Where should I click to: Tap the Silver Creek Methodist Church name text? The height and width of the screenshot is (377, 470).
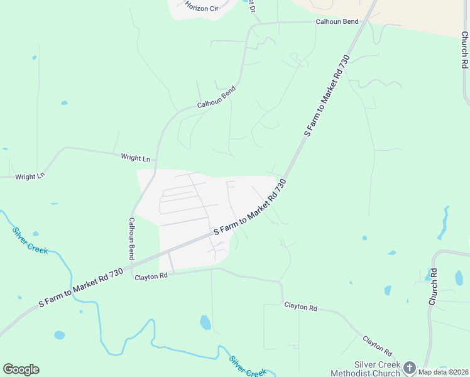coord(377,369)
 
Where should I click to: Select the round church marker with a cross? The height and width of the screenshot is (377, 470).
coord(410,368)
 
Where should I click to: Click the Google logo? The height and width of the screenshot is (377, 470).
coord(21,369)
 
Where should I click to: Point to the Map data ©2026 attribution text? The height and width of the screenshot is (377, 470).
coord(443,371)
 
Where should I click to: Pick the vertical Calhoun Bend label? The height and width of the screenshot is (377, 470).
coord(132,239)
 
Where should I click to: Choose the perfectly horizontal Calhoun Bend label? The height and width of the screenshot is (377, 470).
coord(337,21)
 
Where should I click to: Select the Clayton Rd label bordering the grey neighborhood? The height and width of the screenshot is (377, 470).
coord(151,276)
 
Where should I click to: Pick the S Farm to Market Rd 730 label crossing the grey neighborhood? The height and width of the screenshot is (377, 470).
coord(250,208)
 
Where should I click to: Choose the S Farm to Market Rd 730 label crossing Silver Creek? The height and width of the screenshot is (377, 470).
coord(80,288)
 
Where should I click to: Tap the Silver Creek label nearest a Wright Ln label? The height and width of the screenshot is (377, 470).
coord(30,239)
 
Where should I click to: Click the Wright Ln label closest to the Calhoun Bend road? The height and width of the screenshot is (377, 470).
coord(136,158)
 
